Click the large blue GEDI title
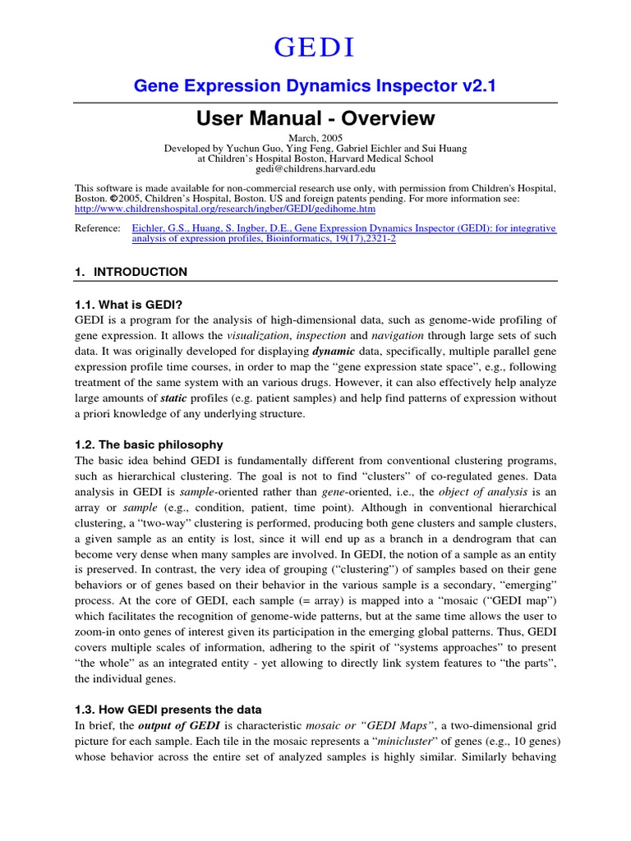pyautogui.click(x=315, y=48)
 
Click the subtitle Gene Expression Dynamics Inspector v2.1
pyautogui.click(x=315, y=86)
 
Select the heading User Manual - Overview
pyautogui.click(x=315, y=118)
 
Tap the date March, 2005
pyautogui.click(x=315, y=137)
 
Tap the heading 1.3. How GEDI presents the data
pyautogui.click(x=168, y=709)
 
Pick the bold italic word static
pyautogui.click(x=197, y=398)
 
